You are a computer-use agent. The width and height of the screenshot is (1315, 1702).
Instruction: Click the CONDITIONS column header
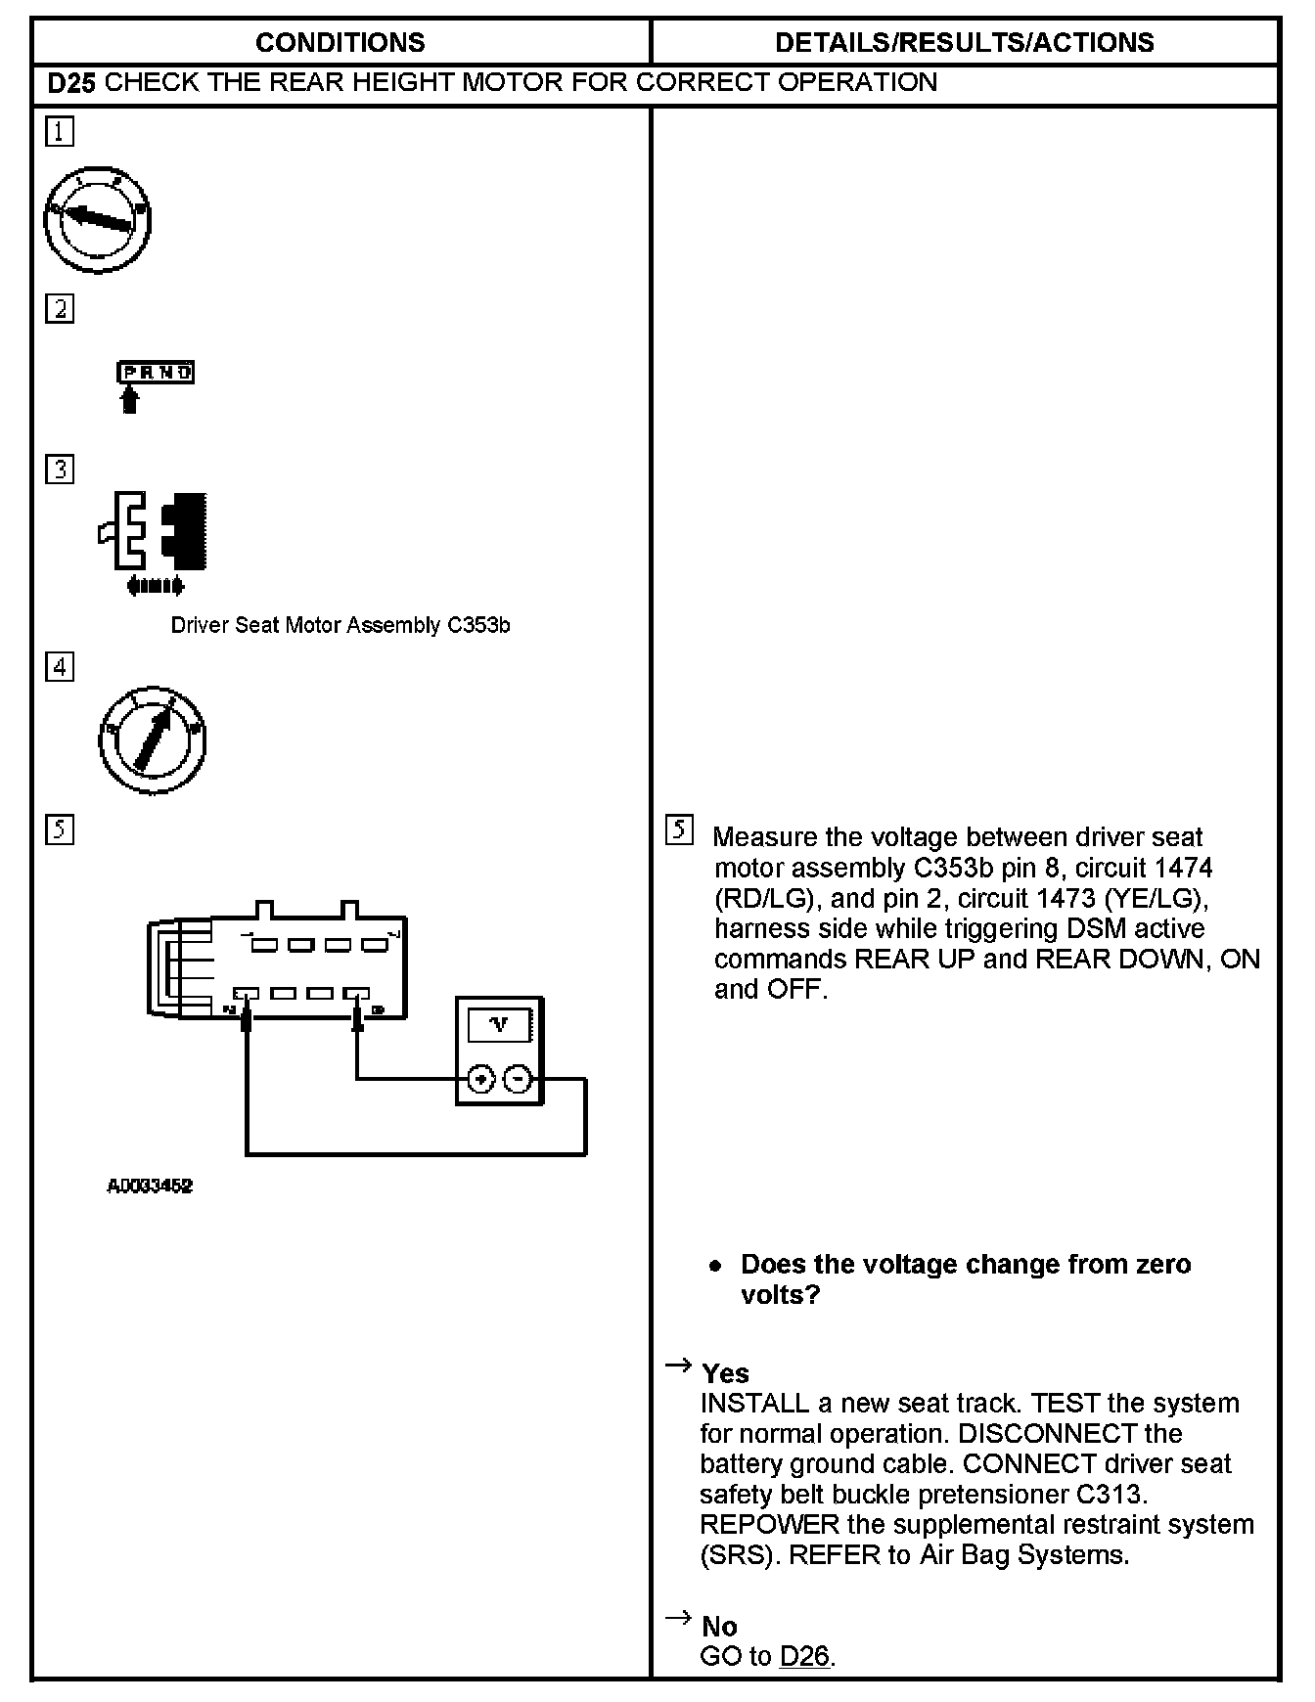[x=340, y=43]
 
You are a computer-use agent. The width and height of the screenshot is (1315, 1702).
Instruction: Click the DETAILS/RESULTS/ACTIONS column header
[x=964, y=43]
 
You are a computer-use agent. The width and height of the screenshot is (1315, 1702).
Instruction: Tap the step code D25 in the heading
[x=71, y=83]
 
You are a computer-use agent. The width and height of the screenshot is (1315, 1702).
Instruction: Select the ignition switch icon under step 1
[x=97, y=219]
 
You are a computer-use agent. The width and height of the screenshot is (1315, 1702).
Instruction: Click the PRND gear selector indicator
[x=156, y=373]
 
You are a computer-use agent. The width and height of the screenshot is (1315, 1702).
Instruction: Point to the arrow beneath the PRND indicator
[x=129, y=400]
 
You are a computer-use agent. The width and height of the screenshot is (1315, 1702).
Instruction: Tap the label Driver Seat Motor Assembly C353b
[x=340, y=625]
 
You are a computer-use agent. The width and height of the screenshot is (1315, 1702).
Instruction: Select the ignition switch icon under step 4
[x=153, y=739]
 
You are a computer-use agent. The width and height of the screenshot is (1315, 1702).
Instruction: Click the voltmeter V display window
[x=500, y=1026]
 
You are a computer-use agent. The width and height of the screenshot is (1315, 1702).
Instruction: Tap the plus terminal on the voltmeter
[x=479, y=1079]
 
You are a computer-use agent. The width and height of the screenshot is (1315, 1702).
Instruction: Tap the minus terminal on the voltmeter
[x=519, y=1079]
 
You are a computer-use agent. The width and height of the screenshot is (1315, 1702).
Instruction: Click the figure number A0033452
[x=150, y=1187]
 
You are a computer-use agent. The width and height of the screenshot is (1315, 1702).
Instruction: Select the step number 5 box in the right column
[x=679, y=830]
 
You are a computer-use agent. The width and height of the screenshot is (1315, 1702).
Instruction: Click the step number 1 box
[x=60, y=131]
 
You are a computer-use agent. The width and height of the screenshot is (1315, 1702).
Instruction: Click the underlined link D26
[x=804, y=1656]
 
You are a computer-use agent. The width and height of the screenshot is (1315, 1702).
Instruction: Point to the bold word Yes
[x=725, y=1373]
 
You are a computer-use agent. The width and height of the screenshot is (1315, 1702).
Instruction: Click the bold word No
[x=719, y=1627]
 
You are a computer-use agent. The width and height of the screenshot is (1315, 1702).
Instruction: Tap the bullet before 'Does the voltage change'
[x=716, y=1266]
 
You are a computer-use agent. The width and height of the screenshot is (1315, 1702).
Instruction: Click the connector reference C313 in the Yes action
[x=1108, y=1495]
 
